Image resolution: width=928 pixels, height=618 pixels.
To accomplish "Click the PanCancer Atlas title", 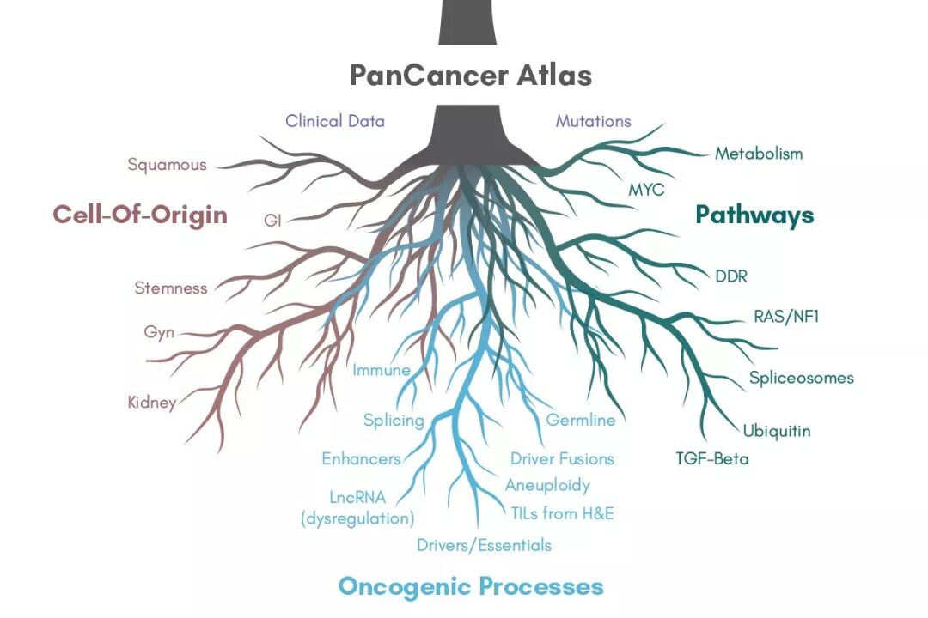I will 470,76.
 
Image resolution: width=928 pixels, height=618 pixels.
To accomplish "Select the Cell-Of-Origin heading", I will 140,215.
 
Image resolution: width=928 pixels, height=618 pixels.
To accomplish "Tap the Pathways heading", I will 754,215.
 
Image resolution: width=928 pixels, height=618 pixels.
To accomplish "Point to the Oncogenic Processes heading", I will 470,586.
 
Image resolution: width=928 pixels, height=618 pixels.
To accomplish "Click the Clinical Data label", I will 335,121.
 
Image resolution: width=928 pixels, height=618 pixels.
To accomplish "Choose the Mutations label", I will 594,121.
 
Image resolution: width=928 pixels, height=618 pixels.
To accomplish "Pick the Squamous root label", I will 167,164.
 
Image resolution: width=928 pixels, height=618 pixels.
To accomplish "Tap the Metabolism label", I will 759,154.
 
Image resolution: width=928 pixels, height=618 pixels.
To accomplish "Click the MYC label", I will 646,190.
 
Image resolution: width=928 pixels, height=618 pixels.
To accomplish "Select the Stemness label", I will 170,288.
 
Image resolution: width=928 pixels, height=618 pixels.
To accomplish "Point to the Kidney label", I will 152,402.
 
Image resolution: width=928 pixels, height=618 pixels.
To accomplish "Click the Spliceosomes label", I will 801,378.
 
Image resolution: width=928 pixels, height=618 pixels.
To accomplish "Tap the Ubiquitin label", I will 777,430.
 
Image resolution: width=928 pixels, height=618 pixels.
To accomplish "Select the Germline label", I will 581,421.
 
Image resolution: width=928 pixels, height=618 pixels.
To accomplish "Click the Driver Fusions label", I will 562,458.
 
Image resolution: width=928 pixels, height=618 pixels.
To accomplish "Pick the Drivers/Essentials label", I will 484,545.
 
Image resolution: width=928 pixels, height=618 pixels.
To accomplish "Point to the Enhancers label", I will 361,458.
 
